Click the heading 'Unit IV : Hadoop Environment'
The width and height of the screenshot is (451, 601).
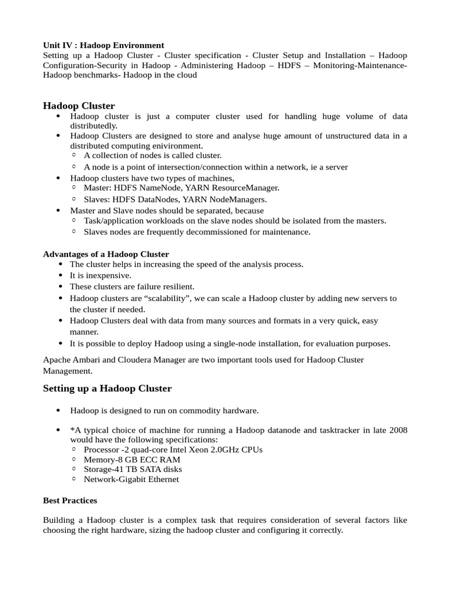103,45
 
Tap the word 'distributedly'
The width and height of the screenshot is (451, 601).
93,126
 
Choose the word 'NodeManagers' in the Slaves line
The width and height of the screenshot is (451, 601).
241,200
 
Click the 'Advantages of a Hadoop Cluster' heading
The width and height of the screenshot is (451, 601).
106,254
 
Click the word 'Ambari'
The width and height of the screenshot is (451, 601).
86,360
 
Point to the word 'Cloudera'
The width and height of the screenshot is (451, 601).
139,360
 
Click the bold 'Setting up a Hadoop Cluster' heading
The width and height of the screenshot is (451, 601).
107,389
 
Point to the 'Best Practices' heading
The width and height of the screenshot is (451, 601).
70,501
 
